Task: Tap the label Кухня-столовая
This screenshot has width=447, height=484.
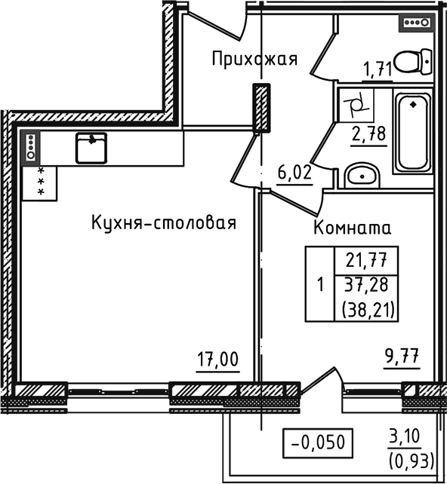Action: (x=164, y=223)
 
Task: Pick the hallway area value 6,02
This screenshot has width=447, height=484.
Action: (x=295, y=172)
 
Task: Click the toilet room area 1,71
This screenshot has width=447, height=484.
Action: (x=378, y=70)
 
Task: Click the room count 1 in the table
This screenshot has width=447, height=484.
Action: (x=320, y=285)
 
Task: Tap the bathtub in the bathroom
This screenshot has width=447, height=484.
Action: (x=412, y=132)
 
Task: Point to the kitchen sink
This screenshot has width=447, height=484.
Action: (x=91, y=147)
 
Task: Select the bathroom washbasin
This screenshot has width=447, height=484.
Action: (x=363, y=176)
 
